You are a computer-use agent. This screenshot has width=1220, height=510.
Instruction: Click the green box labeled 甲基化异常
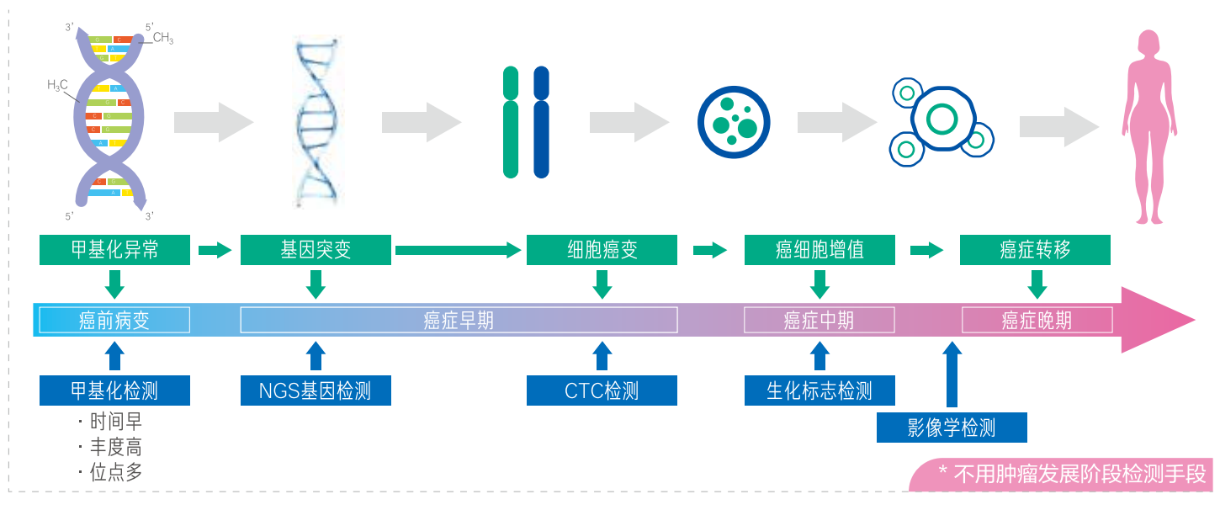pyautogui.click(x=114, y=251)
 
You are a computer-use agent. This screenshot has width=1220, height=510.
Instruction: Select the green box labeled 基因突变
pyautogui.click(x=316, y=251)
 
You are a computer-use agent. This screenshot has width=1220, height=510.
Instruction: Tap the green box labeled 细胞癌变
pyautogui.click(x=602, y=251)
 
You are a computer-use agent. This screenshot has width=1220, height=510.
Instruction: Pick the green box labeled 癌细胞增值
pyautogui.click(x=820, y=251)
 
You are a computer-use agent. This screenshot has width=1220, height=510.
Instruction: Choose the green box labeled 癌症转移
pyautogui.click(x=1035, y=251)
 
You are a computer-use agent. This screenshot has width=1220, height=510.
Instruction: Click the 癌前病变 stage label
pyautogui.click(x=114, y=321)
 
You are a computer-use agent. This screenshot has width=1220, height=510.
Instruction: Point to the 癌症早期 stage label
pyautogui.click(x=459, y=321)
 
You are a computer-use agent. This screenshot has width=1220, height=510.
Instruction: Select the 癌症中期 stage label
pyautogui.click(x=819, y=321)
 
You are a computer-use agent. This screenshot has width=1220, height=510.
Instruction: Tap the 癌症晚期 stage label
pyautogui.click(x=1037, y=321)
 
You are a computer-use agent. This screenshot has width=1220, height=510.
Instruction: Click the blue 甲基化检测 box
pyautogui.click(x=114, y=390)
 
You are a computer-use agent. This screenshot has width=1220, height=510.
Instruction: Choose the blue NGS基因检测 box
pyautogui.click(x=316, y=390)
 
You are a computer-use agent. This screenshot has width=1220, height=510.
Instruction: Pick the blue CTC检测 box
pyautogui.click(x=602, y=390)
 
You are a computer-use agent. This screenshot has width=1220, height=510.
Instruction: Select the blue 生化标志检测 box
pyautogui.click(x=820, y=390)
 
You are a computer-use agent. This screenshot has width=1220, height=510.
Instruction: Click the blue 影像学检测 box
pyautogui.click(x=952, y=428)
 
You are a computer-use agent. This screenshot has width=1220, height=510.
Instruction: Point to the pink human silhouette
pyautogui.click(x=1148, y=126)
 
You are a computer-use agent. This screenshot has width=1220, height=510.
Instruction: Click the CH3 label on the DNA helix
pyautogui.click(x=163, y=38)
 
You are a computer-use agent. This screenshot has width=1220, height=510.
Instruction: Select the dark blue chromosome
pyautogui.click(x=541, y=123)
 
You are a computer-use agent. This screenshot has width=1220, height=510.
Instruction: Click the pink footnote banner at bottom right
pyautogui.click(x=1064, y=475)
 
